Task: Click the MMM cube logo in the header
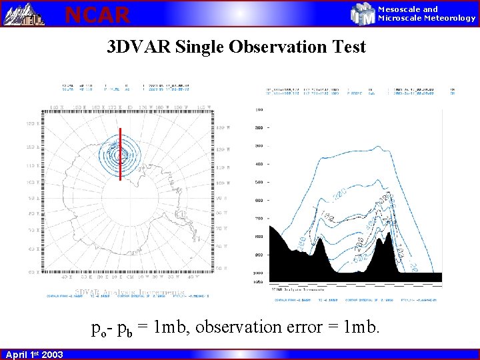point(363,13)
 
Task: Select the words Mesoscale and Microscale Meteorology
point(427,13)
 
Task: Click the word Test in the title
point(349,47)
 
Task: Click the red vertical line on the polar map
point(120,153)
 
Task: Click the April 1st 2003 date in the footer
point(34,354)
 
